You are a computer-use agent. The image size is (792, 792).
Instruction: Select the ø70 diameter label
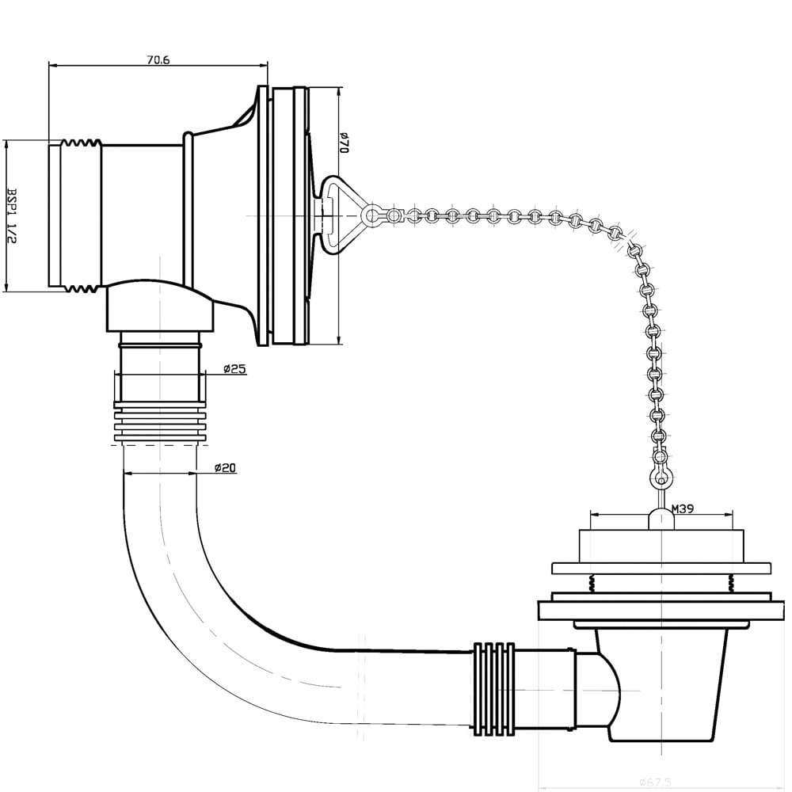point(345,143)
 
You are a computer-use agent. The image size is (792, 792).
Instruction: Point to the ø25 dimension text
point(236,369)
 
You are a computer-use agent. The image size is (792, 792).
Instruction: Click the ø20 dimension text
point(226,468)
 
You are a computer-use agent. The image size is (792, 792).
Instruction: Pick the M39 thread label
point(682,509)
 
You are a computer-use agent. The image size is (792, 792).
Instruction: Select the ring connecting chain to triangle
point(370,215)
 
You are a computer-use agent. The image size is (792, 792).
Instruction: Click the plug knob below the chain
point(660,519)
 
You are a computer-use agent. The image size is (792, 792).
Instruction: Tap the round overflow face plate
point(288,215)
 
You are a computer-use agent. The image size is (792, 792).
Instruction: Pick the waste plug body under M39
point(661,546)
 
